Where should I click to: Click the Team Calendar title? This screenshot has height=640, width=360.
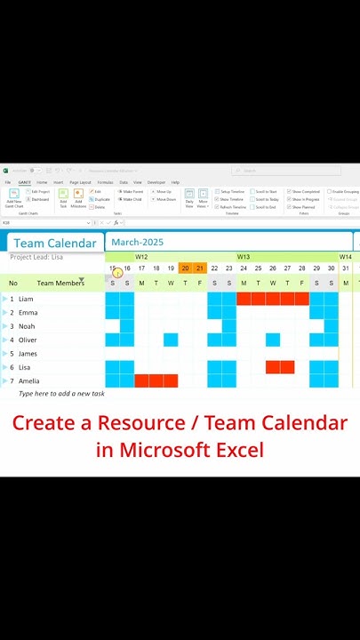coord(54,243)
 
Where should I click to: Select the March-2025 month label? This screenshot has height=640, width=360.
coord(138,242)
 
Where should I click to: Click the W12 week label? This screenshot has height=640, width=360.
coord(141,257)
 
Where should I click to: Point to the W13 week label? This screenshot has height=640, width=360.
coord(243,257)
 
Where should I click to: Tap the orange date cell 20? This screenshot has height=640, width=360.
coord(185,268)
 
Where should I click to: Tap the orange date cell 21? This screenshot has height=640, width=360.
coord(200,268)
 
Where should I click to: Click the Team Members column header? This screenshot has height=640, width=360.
coord(60,284)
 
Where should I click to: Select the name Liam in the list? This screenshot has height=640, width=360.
coord(26,299)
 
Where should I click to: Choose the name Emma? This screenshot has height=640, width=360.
coord(28,313)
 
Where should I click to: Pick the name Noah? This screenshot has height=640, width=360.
coord(27,326)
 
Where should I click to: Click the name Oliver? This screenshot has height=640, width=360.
coord(28,340)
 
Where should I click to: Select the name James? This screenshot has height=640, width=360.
coord(28,354)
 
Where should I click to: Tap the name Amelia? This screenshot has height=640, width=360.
coord(29,380)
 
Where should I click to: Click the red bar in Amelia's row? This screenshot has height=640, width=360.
coord(156,380)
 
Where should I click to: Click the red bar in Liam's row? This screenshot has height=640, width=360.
coord(272,299)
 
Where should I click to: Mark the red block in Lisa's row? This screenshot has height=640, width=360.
coord(279,367)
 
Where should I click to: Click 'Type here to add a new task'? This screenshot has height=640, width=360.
coord(61,394)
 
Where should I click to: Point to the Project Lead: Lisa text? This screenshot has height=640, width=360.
coord(36,257)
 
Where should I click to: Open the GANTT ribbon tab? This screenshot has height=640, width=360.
coord(24,182)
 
